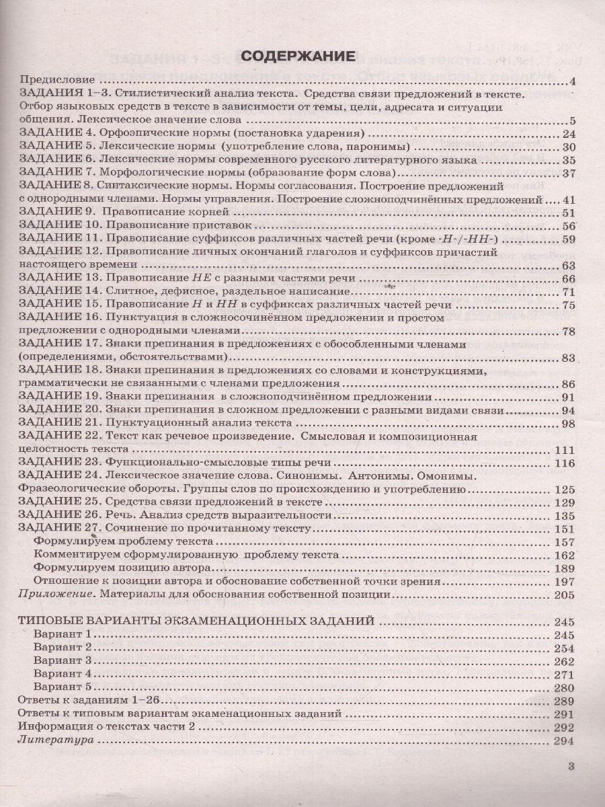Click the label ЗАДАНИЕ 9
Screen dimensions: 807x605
coord(58,213)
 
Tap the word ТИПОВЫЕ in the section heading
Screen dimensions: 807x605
coord(52,621)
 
